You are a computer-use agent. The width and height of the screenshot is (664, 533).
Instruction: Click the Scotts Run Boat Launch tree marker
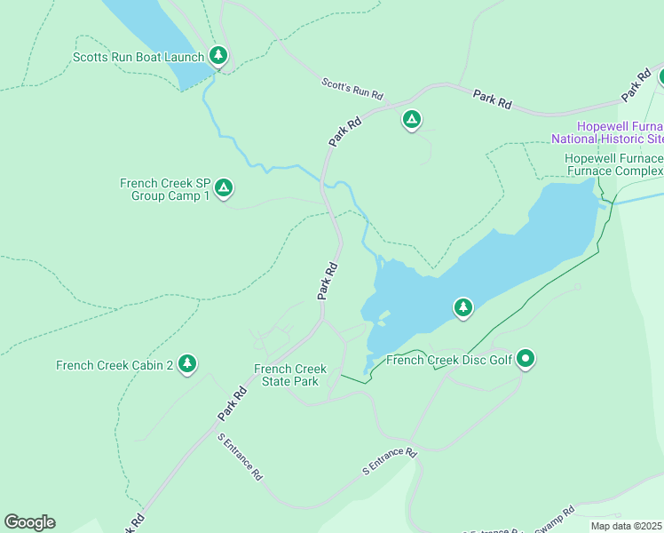[218, 56]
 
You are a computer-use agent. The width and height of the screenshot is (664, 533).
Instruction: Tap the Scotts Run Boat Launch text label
[139, 58]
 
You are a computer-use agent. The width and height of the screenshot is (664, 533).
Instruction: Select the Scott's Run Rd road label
[352, 88]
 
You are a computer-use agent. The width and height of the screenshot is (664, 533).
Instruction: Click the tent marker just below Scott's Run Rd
[411, 119]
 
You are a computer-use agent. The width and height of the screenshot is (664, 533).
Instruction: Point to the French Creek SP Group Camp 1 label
[164, 189]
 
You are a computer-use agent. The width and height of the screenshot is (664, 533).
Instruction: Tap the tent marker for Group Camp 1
[224, 188]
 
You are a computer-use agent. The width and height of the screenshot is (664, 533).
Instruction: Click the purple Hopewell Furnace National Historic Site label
[607, 132]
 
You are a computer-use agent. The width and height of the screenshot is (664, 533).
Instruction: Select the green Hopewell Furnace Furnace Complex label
[613, 164]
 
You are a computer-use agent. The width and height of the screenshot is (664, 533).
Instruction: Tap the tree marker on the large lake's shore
[462, 307]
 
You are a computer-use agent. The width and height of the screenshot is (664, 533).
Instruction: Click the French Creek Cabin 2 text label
[114, 365]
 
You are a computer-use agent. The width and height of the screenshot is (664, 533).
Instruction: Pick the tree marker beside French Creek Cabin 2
[186, 362]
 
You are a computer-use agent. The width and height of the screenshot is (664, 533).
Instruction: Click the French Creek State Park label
[290, 375]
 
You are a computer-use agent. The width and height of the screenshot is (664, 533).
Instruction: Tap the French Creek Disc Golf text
[450, 360]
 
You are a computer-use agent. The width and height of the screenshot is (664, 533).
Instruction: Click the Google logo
[29, 522]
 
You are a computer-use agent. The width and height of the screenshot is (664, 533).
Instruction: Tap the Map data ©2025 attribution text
[625, 525]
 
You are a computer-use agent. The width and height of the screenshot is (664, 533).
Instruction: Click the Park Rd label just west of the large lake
[328, 279]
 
